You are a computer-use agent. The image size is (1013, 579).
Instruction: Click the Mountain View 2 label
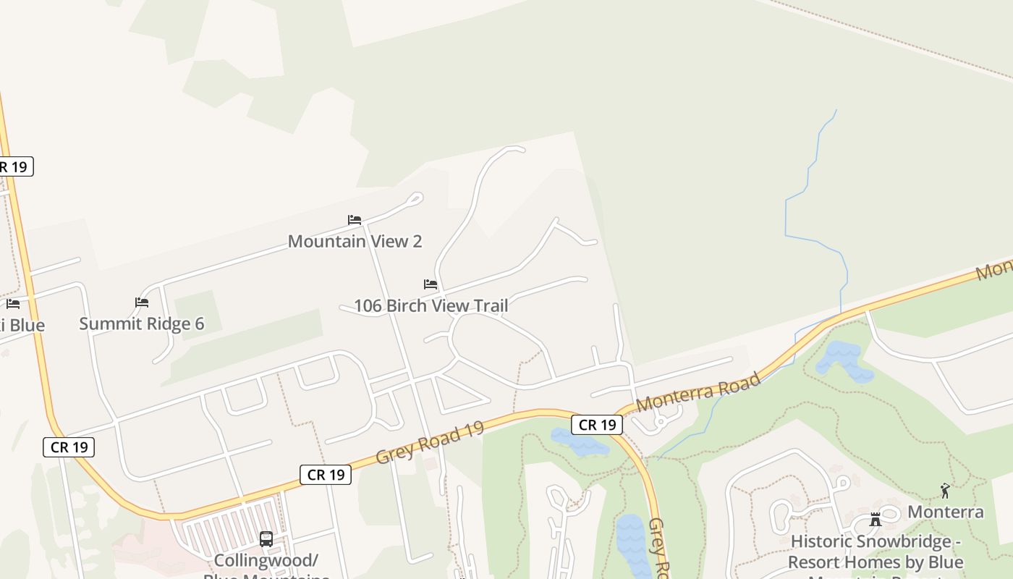pos(355,241)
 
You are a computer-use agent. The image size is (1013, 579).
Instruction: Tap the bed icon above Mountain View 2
pos(355,219)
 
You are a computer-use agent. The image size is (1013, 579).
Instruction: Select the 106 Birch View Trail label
pos(431,305)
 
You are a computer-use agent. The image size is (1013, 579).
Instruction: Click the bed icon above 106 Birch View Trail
pos(431,284)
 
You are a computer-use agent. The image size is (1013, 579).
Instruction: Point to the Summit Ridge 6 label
pos(142,324)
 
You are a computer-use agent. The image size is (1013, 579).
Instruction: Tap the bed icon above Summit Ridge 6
pos(142,302)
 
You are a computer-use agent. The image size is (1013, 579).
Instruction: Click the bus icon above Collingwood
pos(266,538)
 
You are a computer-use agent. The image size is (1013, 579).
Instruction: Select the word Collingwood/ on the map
pos(266,560)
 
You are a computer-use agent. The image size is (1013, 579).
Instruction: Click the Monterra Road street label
pos(698,392)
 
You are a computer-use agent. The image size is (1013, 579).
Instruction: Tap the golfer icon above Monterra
pos(944,491)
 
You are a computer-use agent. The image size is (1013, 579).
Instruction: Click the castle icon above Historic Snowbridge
pos(876,520)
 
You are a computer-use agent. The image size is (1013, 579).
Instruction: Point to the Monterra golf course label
pos(946,512)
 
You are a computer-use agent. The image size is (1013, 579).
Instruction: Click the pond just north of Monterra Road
pos(842,360)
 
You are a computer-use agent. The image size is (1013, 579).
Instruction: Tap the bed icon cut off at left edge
pos(12,304)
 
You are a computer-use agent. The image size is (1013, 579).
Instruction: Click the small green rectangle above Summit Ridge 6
pos(196,312)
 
